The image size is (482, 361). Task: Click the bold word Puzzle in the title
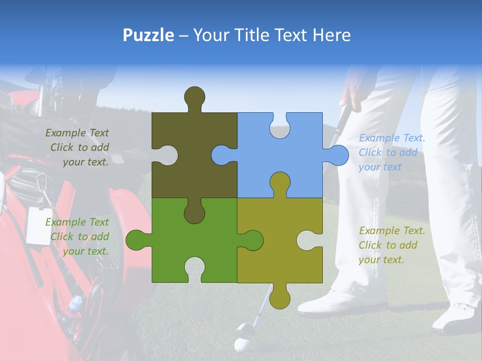149,35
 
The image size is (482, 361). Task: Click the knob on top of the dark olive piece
194,97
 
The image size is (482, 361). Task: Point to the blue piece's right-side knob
338,155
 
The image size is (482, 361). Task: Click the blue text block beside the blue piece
392,152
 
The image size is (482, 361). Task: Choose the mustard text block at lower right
392,245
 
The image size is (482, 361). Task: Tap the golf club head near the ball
245,330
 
